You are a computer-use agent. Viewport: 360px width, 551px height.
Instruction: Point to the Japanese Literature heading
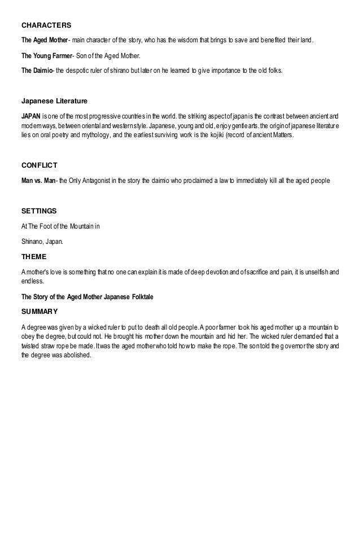coord(54,102)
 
